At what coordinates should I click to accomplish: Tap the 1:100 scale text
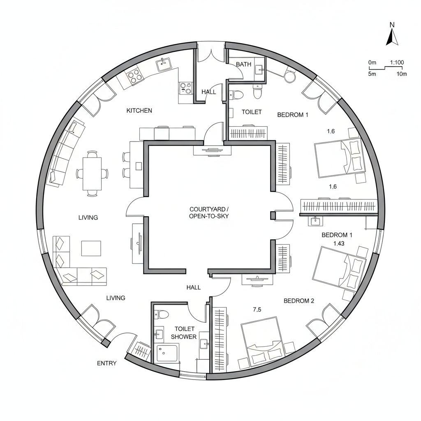coord(397,62)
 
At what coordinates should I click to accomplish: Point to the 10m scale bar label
coord(401,74)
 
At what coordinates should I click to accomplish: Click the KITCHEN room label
coord(139,111)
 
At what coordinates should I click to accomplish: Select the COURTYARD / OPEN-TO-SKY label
coord(209,213)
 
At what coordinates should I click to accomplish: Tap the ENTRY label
coord(106,363)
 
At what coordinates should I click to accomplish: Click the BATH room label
coord(243,65)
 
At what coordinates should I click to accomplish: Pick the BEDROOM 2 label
coord(299,301)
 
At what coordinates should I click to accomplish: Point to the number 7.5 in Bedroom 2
coord(257,310)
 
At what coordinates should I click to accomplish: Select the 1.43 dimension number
coord(339,243)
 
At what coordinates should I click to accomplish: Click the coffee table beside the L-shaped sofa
coord(91,248)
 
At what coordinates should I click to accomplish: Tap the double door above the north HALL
coord(210,55)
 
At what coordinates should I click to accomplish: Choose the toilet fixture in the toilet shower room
coord(162,315)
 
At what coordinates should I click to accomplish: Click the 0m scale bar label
coord(372,62)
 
